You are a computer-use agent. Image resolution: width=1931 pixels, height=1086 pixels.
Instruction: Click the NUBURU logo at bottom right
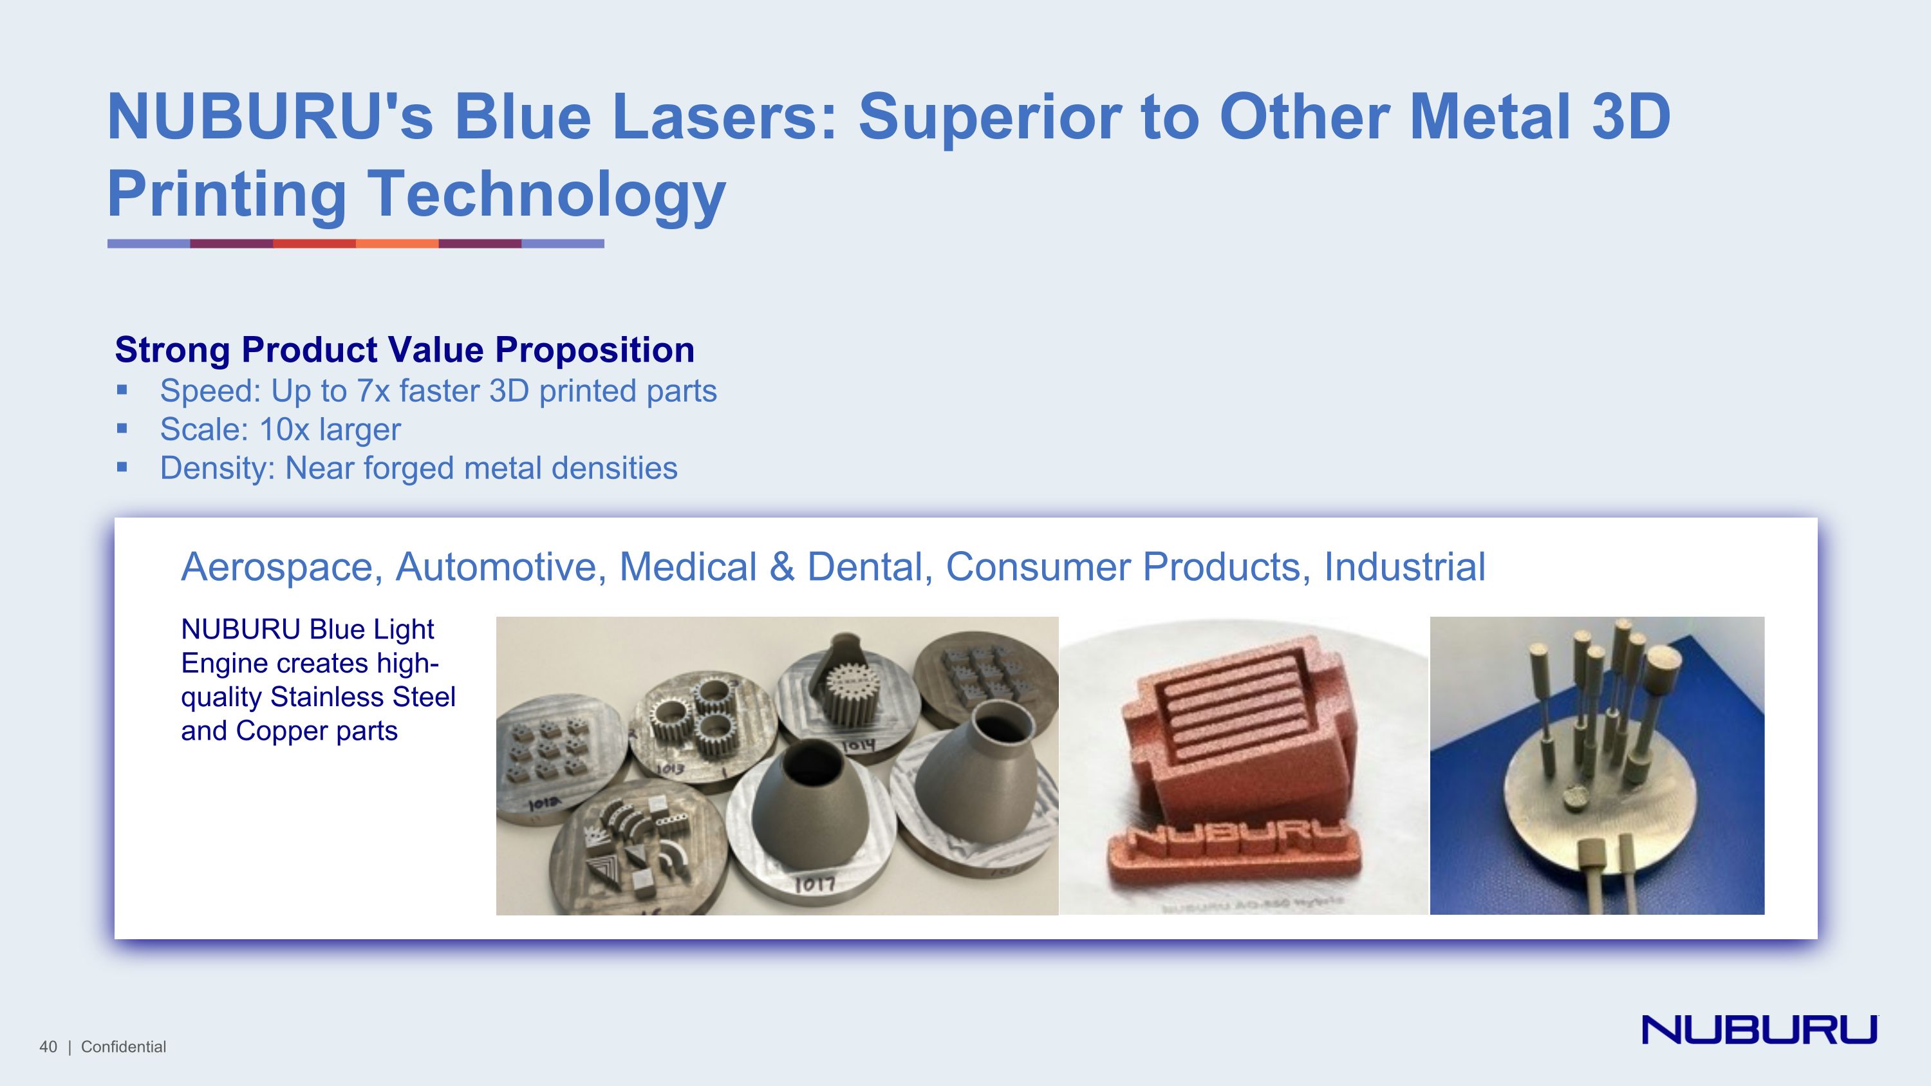pyautogui.click(x=1758, y=1029)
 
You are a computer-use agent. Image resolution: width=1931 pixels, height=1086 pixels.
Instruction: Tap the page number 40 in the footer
pyautogui.click(x=48, y=1047)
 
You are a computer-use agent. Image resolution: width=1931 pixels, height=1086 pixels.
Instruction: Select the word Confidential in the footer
pyautogui.click(x=123, y=1047)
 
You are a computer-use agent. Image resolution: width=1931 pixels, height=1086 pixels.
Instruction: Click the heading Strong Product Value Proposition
pyautogui.click(x=404, y=350)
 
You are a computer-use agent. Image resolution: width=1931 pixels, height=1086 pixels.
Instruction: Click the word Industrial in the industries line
pyautogui.click(x=1404, y=566)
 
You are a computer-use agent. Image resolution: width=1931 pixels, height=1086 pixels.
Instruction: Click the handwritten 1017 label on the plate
pyautogui.click(x=814, y=885)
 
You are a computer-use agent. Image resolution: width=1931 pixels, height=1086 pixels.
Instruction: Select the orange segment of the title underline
pyautogui.click(x=396, y=243)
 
